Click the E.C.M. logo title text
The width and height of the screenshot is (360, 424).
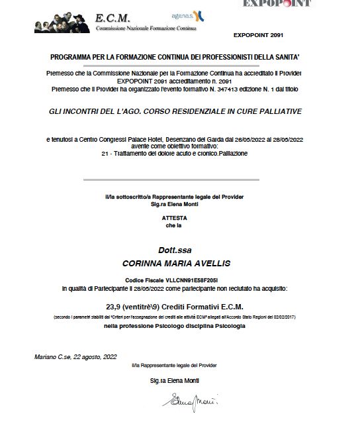pyautogui.click(x=113, y=18)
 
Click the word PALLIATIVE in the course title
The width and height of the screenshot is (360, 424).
pyautogui.click(x=277, y=111)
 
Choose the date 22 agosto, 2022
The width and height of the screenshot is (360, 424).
pyautogui.click(x=95, y=356)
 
